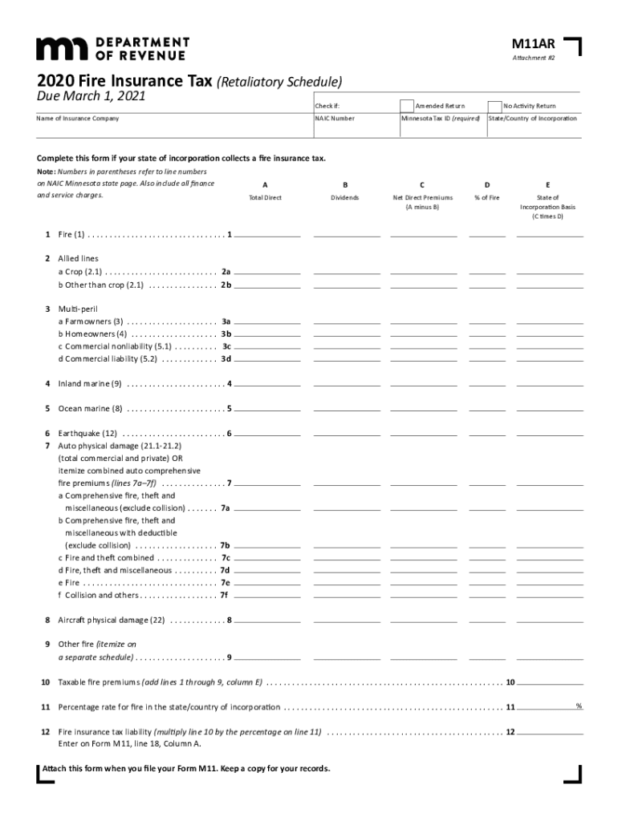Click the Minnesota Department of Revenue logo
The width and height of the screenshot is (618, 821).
(112, 48)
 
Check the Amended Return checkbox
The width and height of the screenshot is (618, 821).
(408, 106)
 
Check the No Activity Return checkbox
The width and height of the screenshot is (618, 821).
(495, 106)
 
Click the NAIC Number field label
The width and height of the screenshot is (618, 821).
(335, 119)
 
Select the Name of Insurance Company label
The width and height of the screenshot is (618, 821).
(77, 119)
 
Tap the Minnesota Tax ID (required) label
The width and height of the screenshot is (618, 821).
(441, 119)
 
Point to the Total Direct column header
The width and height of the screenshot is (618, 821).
(265, 197)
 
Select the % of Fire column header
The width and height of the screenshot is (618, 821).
(486, 197)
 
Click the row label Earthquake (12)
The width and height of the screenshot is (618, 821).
(87, 434)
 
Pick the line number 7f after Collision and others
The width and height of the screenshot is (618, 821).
(225, 596)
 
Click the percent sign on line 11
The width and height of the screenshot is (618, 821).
(579, 706)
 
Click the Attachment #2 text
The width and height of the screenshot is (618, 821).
(534, 59)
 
